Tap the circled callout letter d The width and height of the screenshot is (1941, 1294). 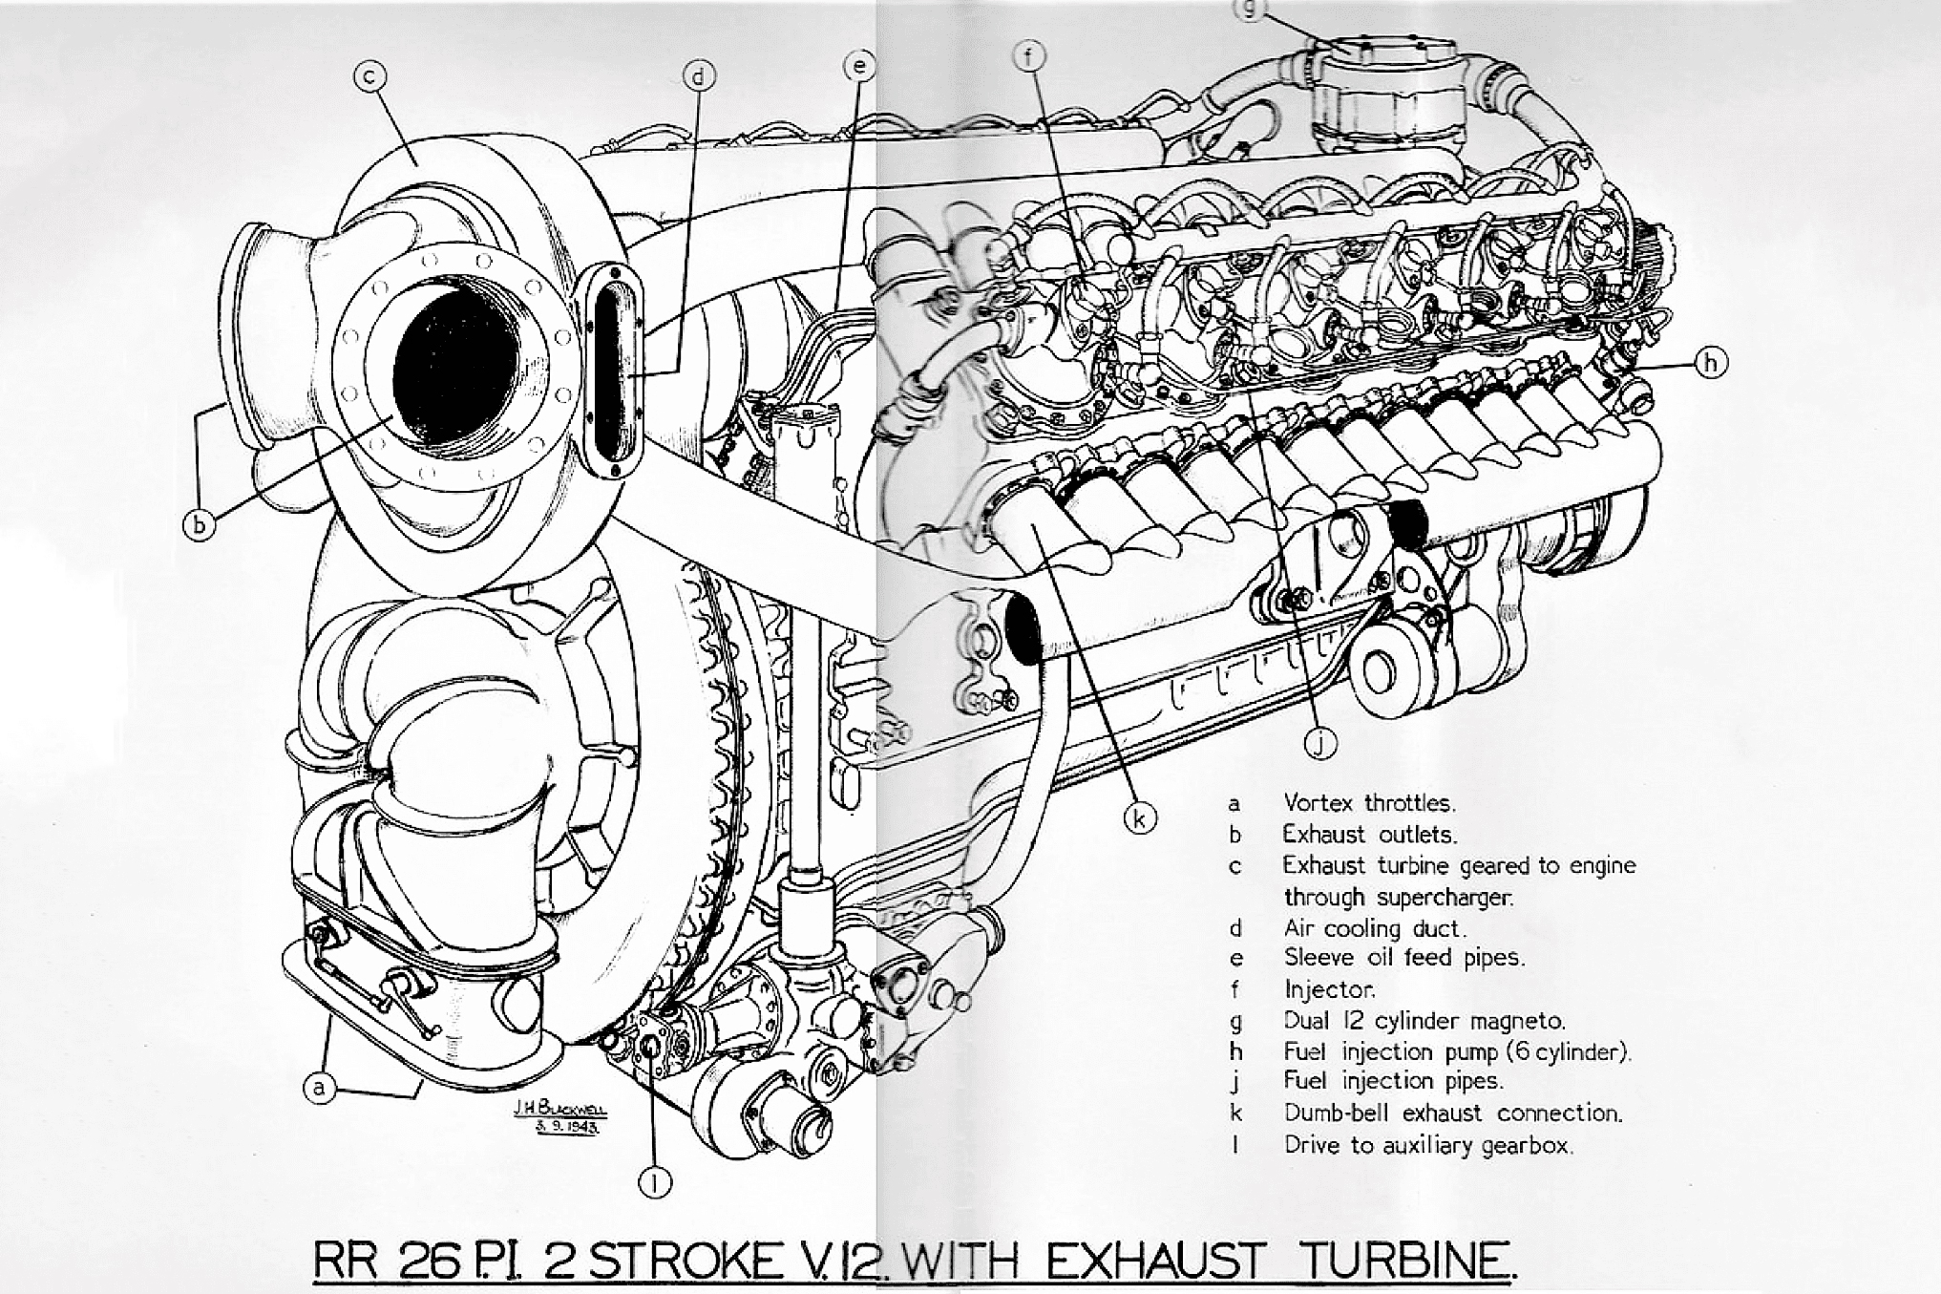tap(700, 76)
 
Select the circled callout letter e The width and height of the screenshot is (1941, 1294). tap(860, 65)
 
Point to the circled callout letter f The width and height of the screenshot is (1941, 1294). tap(1029, 57)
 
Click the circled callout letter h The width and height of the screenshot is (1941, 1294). tap(1711, 363)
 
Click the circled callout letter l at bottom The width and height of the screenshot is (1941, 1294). tap(655, 1182)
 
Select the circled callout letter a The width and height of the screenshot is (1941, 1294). tap(321, 1088)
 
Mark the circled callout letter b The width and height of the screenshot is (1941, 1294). tap(199, 524)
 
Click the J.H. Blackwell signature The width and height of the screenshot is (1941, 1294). tap(559, 1115)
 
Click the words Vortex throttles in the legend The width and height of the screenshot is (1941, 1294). tap(1369, 802)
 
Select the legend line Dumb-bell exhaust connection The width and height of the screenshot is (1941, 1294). tap(1452, 1113)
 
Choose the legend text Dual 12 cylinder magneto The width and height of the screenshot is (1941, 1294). tap(1424, 1020)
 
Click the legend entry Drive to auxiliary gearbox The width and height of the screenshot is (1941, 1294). tap(1427, 1144)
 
